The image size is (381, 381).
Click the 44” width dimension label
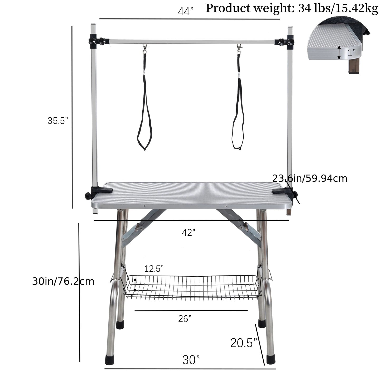(x=185, y=11)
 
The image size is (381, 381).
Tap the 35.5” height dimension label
(x=58, y=120)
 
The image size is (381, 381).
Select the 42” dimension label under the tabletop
(x=189, y=233)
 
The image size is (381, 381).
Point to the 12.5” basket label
(x=154, y=269)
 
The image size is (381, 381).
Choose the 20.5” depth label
(x=244, y=343)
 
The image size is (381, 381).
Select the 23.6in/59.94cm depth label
(x=310, y=178)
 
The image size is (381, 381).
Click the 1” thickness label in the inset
(x=351, y=53)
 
